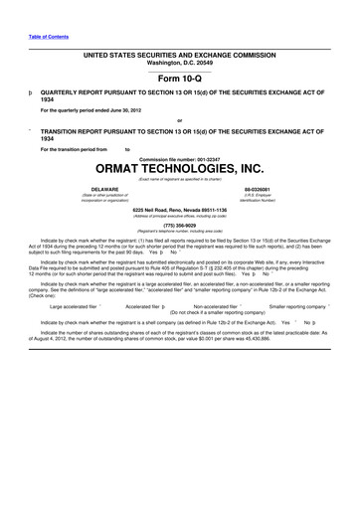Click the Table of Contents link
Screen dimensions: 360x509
click(49, 36)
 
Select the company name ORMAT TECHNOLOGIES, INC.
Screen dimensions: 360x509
click(180, 170)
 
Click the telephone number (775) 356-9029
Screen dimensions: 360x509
click(180, 225)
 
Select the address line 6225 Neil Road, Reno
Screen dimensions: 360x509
click(180, 209)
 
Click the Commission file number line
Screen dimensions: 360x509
click(180, 158)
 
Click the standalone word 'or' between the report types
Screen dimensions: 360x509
click(179, 121)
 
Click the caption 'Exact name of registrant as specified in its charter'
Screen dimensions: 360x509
click(180, 178)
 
